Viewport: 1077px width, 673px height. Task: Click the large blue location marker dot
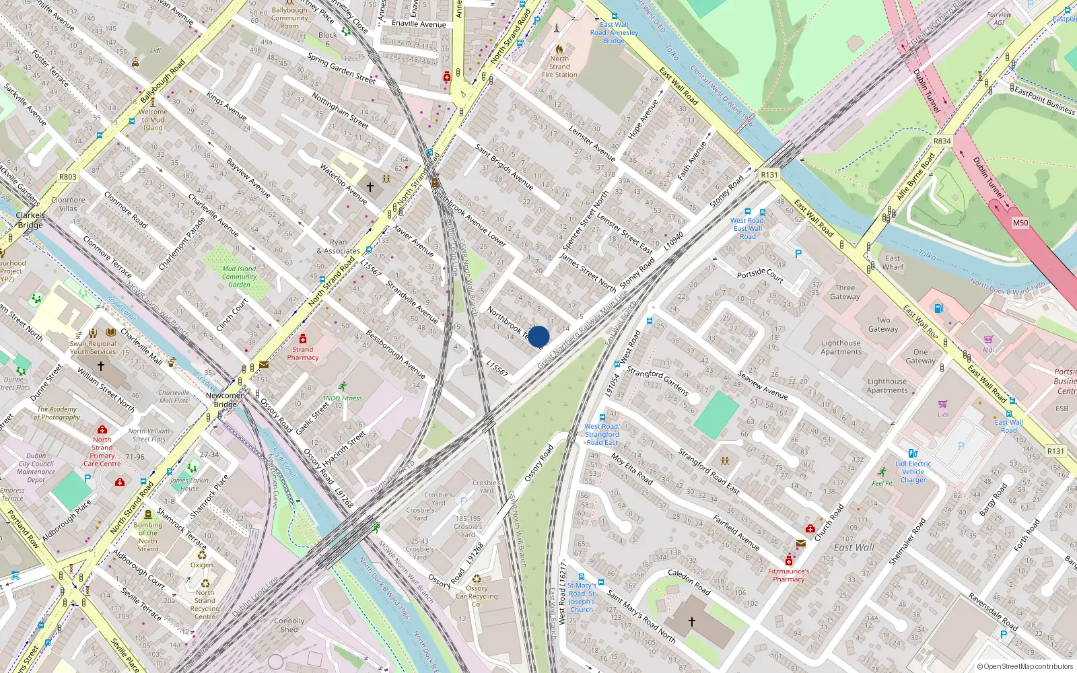point(538,336)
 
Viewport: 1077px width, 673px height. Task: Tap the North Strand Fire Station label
point(559,67)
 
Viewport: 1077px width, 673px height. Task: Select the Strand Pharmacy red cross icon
point(303,339)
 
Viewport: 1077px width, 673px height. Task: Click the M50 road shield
point(1020,223)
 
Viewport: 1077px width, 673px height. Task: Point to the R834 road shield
point(942,141)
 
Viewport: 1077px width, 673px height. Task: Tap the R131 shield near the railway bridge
point(769,174)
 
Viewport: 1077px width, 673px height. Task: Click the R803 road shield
point(68,177)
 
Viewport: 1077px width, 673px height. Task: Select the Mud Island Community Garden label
point(239,277)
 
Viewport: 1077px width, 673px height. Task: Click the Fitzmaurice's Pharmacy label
point(789,575)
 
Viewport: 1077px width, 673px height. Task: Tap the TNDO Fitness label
point(342,398)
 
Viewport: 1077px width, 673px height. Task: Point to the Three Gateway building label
point(845,292)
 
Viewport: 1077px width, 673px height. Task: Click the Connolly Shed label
point(289,625)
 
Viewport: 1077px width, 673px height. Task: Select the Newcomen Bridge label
point(225,400)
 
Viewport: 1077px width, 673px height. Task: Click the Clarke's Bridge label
point(30,220)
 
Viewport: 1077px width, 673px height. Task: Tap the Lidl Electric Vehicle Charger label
point(913,472)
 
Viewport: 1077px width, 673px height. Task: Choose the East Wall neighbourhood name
point(854,548)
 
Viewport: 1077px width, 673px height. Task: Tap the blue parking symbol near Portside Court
point(798,254)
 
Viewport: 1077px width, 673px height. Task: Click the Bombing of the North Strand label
point(148,536)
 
